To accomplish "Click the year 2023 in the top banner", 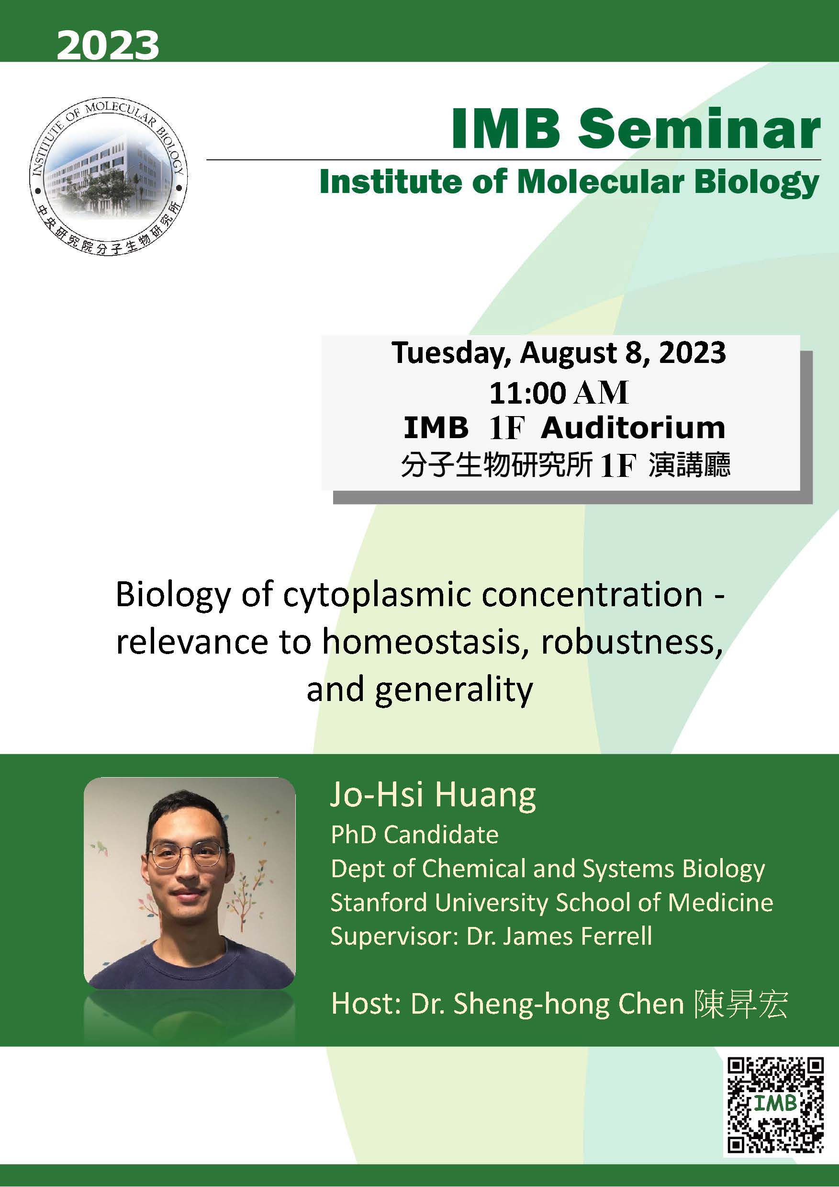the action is click(x=108, y=45).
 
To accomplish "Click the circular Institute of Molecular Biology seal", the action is click(x=108, y=177).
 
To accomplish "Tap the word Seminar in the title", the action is click(x=699, y=129).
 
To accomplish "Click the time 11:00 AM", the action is click(x=559, y=393).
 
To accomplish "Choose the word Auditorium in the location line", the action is click(x=633, y=428).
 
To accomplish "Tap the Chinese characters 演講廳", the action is click(x=690, y=465).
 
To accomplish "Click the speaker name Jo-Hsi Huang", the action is click(x=433, y=795).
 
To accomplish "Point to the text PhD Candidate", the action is click(x=414, y=835).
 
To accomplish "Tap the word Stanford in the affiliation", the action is click(x=380, y=903).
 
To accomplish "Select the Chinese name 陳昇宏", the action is click(x=741, y=1005).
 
